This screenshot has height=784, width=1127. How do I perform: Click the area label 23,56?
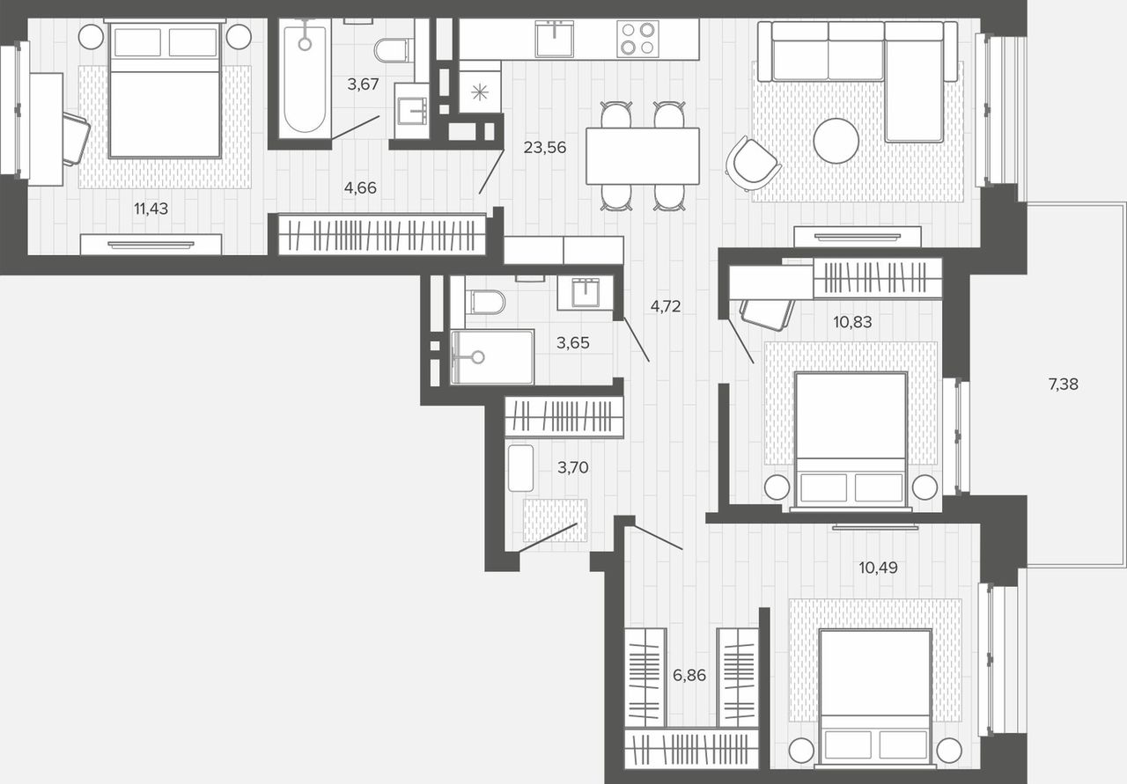(x=545, y=147)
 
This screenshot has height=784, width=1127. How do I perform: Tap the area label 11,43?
(x=151, y=209)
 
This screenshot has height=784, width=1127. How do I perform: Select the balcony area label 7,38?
(x=1063, y=385)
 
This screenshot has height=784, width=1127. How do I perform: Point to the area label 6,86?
(x=689, y=675)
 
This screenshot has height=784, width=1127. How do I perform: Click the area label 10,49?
(x=878, y=568)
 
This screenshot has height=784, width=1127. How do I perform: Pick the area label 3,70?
(x=573, y=467)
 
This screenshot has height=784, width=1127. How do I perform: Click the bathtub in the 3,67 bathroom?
(x=305, y=78)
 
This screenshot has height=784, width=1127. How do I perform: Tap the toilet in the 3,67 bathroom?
(x=394, y=50)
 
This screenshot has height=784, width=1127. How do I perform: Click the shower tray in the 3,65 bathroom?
(x=492, y=357)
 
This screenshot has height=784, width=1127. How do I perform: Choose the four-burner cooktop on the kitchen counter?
(x=638, y=39)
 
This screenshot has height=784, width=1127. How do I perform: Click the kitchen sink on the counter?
(x=554, y=38)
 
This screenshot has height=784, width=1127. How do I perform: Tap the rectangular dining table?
(x=643, y=156)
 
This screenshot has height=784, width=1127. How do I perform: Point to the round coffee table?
(x=836, y=141)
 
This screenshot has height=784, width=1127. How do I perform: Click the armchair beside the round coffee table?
(x=751, y=163)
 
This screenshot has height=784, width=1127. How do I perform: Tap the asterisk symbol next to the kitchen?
(x=480, y=92)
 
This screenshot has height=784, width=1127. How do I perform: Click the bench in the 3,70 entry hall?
(x=520, y=468)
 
